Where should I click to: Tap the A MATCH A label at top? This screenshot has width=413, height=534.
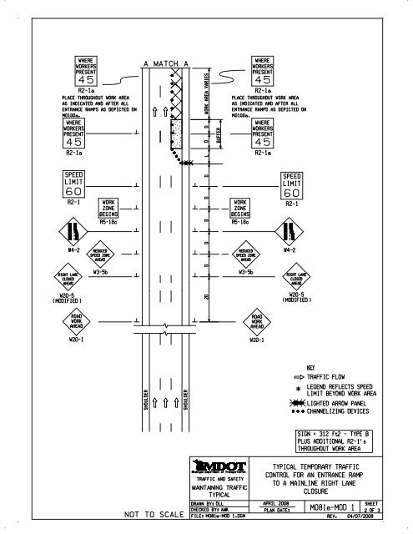(174, 63)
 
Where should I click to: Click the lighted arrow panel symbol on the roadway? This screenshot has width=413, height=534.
(189, 163)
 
